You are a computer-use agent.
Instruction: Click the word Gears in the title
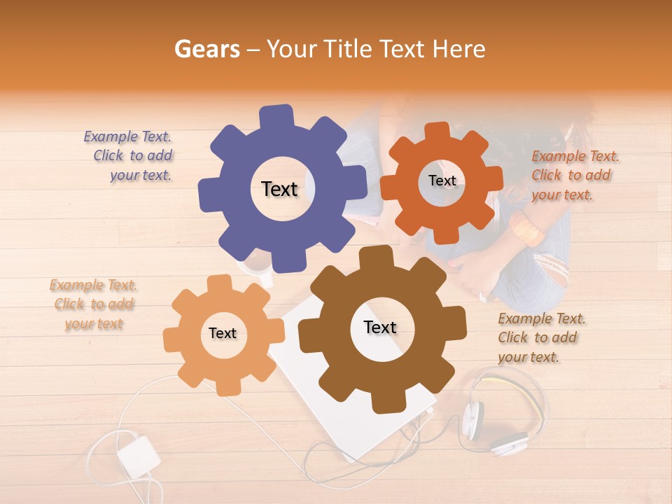click(x=206, y=49)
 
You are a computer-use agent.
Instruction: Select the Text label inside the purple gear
click(x=279, y=189)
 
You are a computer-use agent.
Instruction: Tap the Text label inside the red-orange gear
click(x=442, y=181)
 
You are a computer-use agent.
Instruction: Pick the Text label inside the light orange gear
click(x=223, y=334)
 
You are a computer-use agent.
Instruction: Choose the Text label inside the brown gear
click(x=380, y=328)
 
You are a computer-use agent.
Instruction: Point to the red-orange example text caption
click(x=574, y=176)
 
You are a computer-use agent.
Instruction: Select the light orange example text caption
click(x=93, y=304)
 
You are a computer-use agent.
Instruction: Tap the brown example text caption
click(x=540, y=338)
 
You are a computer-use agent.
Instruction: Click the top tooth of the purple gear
click(x=276, y=116)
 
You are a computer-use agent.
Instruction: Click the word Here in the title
click(x=459, y=49)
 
